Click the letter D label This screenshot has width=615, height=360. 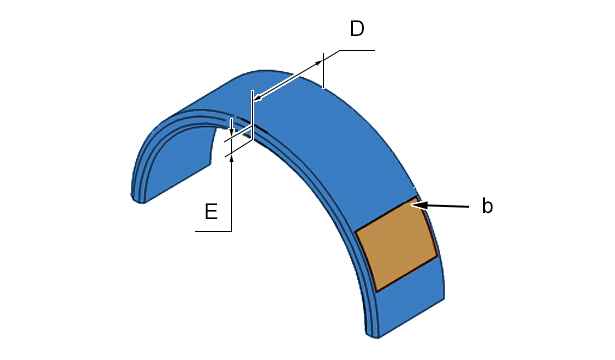[357, 29]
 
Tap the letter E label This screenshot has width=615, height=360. [211, 211]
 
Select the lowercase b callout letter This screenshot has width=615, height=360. [487, 206]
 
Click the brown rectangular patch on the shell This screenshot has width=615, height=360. [396, 244]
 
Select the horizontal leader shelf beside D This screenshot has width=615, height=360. [357, 50]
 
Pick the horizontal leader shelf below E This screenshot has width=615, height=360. [213, 231]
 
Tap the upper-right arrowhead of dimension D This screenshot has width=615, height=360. [318, 63]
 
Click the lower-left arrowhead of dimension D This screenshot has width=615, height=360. [258, 97]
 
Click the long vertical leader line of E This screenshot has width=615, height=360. [231, 193]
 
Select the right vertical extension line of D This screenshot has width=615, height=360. [323, 71]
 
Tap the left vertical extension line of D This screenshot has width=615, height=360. [253, 115]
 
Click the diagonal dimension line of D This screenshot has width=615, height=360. [288, 80]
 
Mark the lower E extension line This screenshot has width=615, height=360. [239, 149]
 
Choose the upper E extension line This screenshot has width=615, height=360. [238, 134]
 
